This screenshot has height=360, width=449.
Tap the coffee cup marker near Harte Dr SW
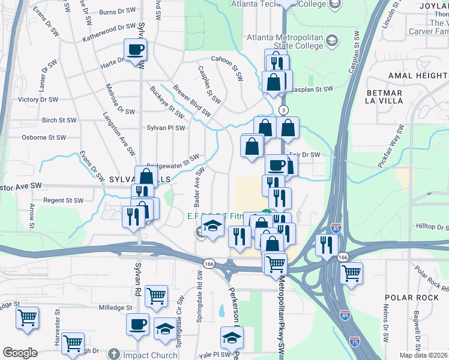pos(136,50)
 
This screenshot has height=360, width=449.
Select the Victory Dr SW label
pos(38,99)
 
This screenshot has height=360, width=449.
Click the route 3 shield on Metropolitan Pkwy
pos(283,110)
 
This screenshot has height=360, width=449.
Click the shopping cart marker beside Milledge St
pos(156,295)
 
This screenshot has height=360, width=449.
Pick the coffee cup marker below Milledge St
pos(137,324)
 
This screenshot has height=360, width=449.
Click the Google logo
pos(20,352)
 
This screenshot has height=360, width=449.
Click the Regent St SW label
pos(63,200)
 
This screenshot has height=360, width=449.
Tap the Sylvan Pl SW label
pos(166,128)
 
